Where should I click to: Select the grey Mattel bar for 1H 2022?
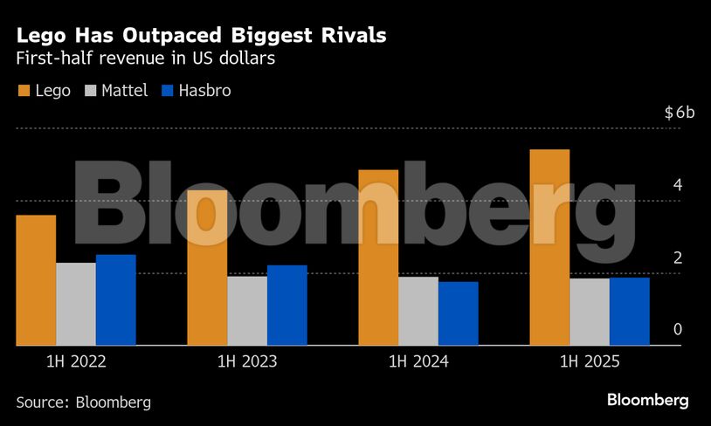76,304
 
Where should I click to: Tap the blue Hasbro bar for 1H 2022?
115,299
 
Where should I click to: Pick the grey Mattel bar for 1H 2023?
247,311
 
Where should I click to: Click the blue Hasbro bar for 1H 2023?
286,305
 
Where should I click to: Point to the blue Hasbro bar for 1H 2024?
458,313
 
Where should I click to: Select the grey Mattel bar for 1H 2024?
418,311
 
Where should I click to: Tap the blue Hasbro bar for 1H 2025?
629,311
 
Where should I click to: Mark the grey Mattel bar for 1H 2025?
590,312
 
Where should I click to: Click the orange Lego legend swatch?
24,90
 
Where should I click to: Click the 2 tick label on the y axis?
677,258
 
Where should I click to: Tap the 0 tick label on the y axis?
677,330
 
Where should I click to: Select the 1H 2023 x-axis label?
247,361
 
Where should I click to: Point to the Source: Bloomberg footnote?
84,402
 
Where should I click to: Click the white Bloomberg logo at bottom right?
647,400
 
